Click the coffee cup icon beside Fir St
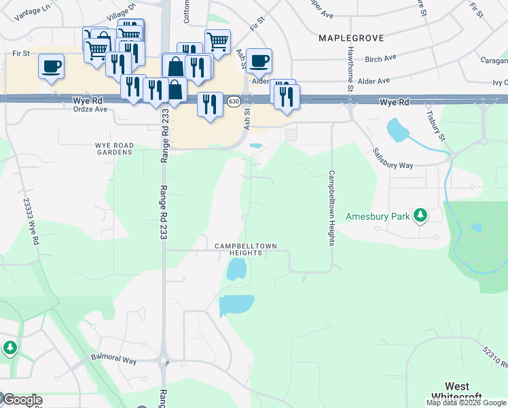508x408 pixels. pos(52,67)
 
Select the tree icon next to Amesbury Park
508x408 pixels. pos(421,216)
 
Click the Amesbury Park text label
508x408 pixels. pos(378,216)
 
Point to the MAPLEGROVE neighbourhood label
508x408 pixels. pos(351,39)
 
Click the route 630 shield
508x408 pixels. pos(234,101)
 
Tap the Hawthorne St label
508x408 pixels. pos(350,68)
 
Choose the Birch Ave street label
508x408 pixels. pos(380,59)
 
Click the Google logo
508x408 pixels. pos(22,400)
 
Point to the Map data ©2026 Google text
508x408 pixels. pos(466,403)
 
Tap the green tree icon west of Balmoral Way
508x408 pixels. pos(10,348)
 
